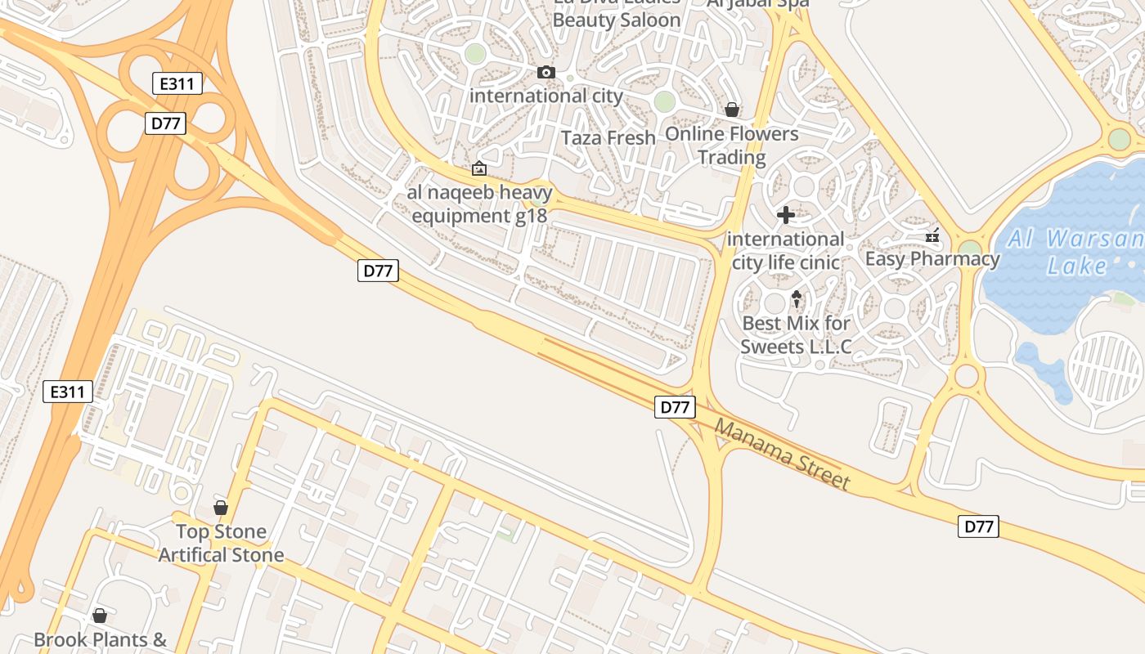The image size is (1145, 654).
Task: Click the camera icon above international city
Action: pyautogui.click(x=546, y=73)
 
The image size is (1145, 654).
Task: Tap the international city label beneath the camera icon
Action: pyautogui.click(x=546, y=96)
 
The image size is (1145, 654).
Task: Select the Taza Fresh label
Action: pyautogui.click(x=609, y=137)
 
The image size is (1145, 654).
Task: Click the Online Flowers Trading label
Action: pyautogui.click(x=732, y=145)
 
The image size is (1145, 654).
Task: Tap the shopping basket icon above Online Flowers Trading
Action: pyautogui.click(x=732, y=110)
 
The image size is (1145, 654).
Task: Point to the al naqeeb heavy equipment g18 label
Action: pyautogui.click(x=480, y=204)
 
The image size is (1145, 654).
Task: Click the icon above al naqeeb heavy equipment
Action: pyautogui.click(x=479, y=169)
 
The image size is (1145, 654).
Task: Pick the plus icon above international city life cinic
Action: pyautogui.click(x=785, y=215)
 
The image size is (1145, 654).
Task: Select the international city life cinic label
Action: pyautogui.click(x=786, y=250)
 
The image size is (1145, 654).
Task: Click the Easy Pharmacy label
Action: pyautogui.click(x=932, y=259)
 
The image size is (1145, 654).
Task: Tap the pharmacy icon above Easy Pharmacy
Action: pyautogui.click(x=932, y=236)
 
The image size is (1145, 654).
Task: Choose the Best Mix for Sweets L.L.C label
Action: pyautogui.click(x=797, y=334)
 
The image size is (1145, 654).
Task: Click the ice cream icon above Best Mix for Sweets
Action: pyautogui.click(x=797, y=299)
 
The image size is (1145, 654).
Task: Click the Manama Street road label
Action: pyautogui.click(x=782, y=454)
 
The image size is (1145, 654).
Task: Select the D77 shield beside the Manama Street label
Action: pyautogui.click(x=675, y=406)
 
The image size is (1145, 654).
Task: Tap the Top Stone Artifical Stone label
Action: pyautogui.click(x=221, y=543)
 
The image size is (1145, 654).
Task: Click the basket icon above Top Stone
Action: pyautogui.click(x=221, y=508)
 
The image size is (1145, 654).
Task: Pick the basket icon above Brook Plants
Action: pyautogui.click(x=100, y=616)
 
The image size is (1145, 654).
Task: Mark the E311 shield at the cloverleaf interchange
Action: pyautogui.click(x=177, y=83)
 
